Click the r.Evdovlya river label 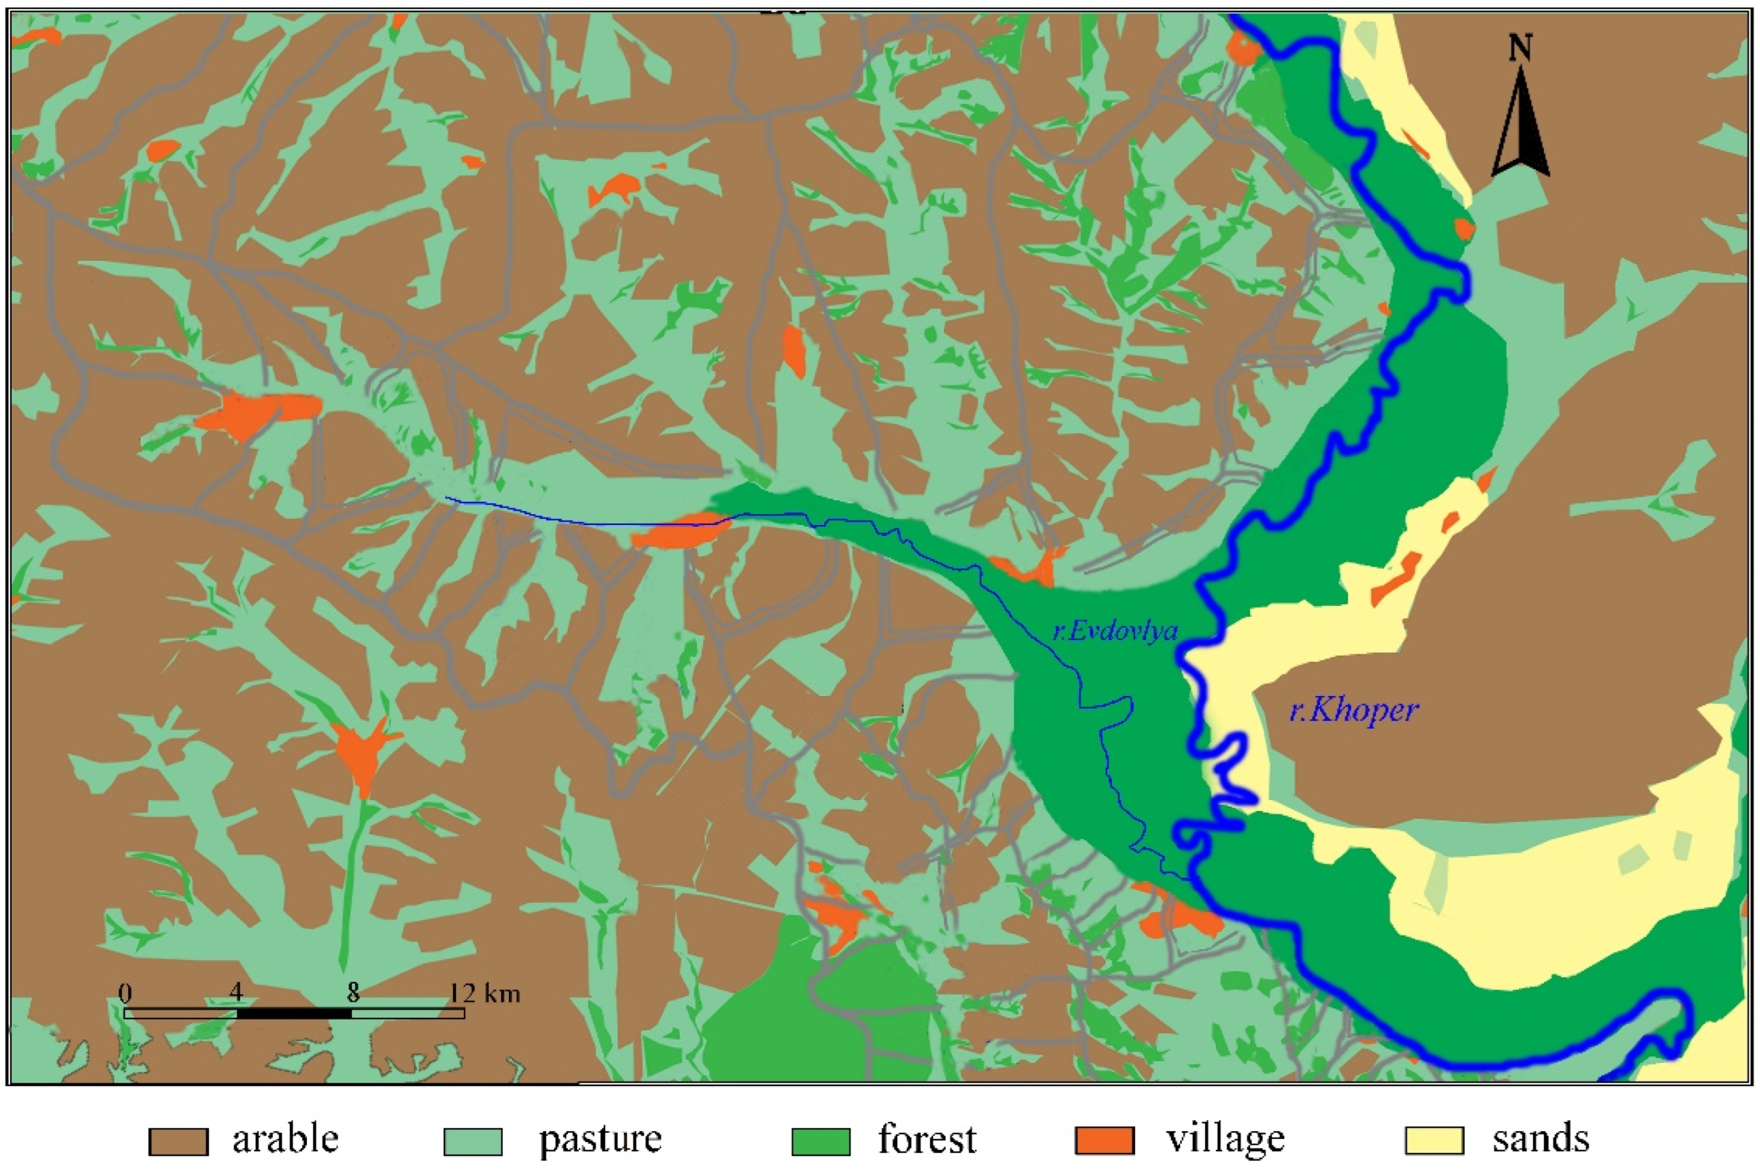(1115, 631)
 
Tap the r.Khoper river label (1354, 710)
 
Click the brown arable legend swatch (178, 1141)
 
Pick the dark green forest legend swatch (821, 1141)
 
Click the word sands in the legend (1540, 1139)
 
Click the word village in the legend (1225, 1139)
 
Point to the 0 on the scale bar (125, 993)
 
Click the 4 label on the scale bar (236, 993)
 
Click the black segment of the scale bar (294, 1013)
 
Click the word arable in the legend (285, 1139)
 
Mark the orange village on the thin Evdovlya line (679, 532)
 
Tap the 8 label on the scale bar (352, 993)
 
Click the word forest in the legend (927, 1139)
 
